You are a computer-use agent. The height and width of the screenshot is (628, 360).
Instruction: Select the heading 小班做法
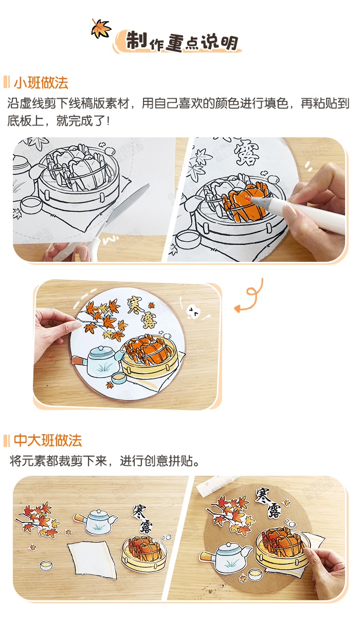click(41, 83)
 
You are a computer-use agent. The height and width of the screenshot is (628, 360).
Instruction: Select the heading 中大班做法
click(47, 440)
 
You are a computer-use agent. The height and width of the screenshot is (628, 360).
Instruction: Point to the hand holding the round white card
click(52, 322)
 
